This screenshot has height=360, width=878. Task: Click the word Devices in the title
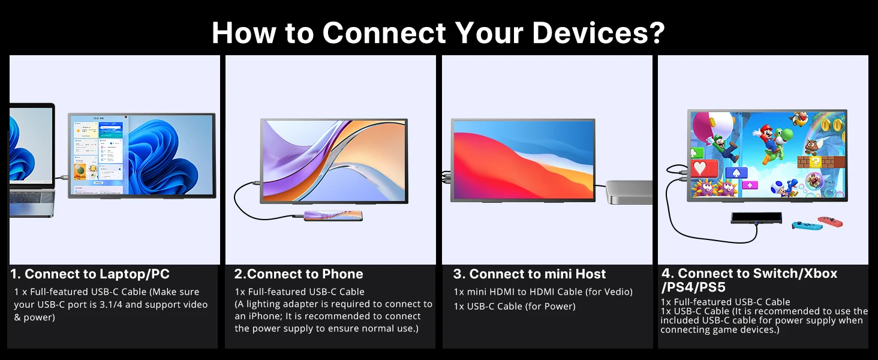(588, 32)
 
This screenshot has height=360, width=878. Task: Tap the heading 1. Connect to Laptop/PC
(90, 274)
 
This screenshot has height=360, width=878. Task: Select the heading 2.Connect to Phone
(298, 274)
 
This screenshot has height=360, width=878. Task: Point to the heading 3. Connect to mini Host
(530, 274)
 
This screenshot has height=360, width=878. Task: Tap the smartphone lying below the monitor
(333, 215)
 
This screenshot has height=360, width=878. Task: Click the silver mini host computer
(629, 192)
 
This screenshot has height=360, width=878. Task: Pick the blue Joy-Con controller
(807, 226)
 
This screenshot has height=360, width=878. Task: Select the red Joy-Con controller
(830, 221)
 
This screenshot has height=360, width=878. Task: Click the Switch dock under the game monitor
(756, 218)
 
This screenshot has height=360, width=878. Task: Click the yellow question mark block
(816, 161)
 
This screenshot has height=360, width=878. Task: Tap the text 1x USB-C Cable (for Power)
(514, 306)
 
